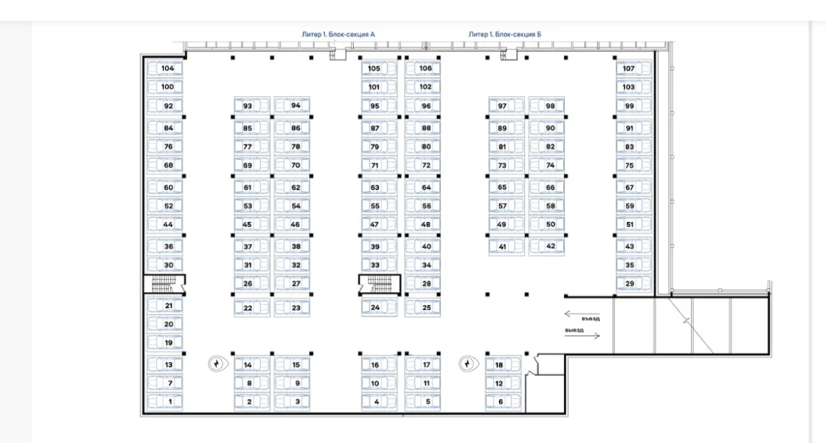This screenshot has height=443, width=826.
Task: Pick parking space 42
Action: (x=547, y=246)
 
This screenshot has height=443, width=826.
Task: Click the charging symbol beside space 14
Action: (x=216, y=364)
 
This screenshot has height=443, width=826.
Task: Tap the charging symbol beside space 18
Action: (x=467, y=364)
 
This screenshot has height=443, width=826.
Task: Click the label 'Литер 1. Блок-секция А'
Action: (x=338, y=34)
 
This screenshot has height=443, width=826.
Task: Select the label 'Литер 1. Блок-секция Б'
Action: (x=505, y=34)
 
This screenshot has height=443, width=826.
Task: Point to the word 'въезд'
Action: (x=591, y=319)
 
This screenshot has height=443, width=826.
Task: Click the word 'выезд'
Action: (x=574, y=330)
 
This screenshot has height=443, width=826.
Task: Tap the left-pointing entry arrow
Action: (x=581, y=314)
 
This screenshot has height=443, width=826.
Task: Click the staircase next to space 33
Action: (x=380, y=285)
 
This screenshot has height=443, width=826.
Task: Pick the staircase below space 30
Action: (x=165, y=285)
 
